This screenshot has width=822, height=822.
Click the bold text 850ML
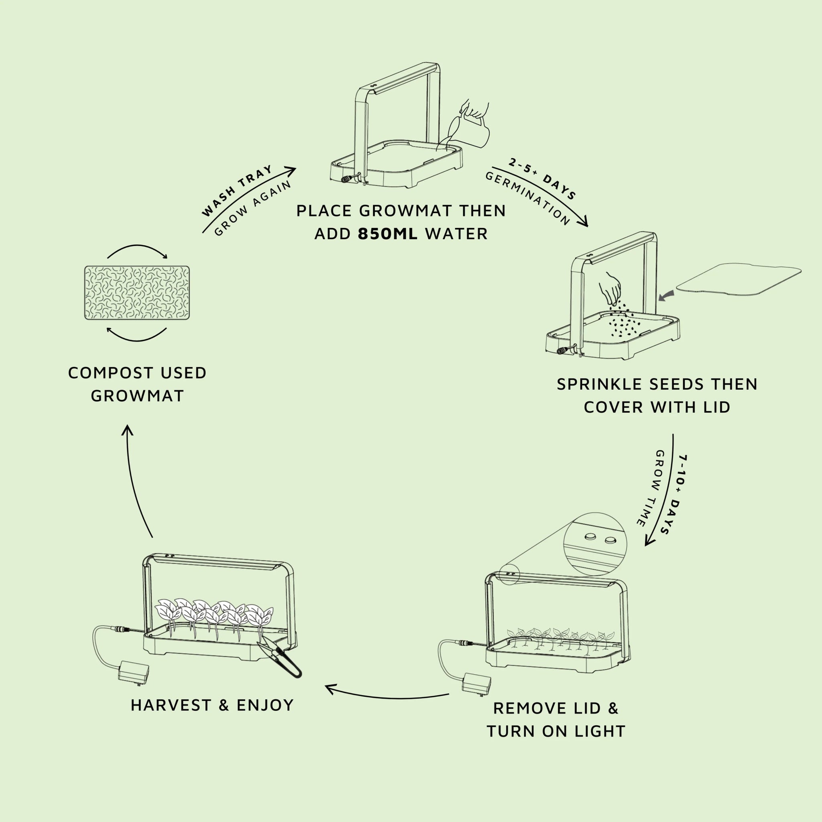387,234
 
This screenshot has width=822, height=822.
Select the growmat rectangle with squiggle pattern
137,293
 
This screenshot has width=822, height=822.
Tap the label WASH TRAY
236,190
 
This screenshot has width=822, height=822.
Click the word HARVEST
171,706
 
